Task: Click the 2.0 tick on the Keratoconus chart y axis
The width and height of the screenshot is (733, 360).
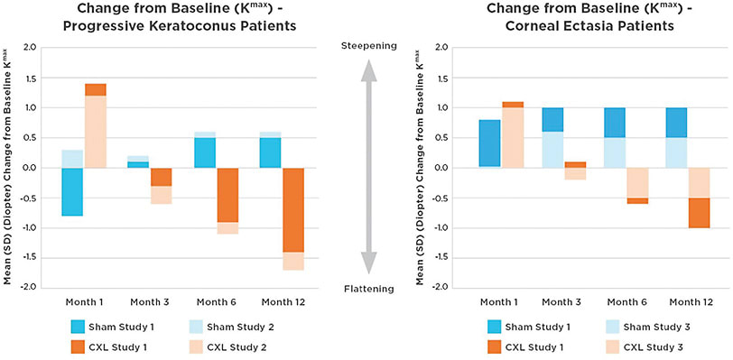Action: click(x=31, y=47)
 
